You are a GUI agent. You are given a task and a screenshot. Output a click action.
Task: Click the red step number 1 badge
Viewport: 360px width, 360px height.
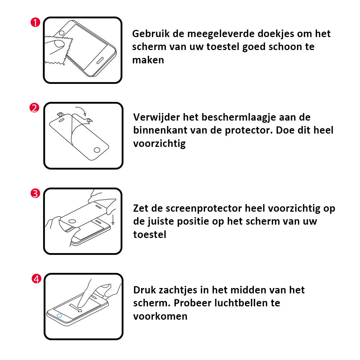click(x=35, y=22)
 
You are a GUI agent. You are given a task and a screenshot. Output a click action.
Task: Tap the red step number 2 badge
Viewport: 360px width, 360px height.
click(x=34, y=108)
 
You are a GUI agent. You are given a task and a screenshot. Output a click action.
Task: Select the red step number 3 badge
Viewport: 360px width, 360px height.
click(x=35, y=193)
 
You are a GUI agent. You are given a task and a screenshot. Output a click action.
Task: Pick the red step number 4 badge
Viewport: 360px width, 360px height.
click(x=36, y=279)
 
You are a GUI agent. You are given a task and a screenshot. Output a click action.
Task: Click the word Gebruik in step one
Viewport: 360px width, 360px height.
click(x=151, y=34)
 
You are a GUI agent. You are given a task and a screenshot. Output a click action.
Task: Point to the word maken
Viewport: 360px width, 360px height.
click(x=148, y=60)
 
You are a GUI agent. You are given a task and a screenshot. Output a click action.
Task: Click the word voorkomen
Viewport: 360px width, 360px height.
click(x=160, y=316)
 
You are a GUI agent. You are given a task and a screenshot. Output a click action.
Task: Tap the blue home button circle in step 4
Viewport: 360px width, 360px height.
click(x=59, y=316)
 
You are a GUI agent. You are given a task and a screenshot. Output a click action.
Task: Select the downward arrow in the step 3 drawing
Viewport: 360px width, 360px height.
click(x=113, y=219)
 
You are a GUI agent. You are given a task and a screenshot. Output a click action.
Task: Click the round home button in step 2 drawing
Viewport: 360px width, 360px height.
click(x=97, y=150)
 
